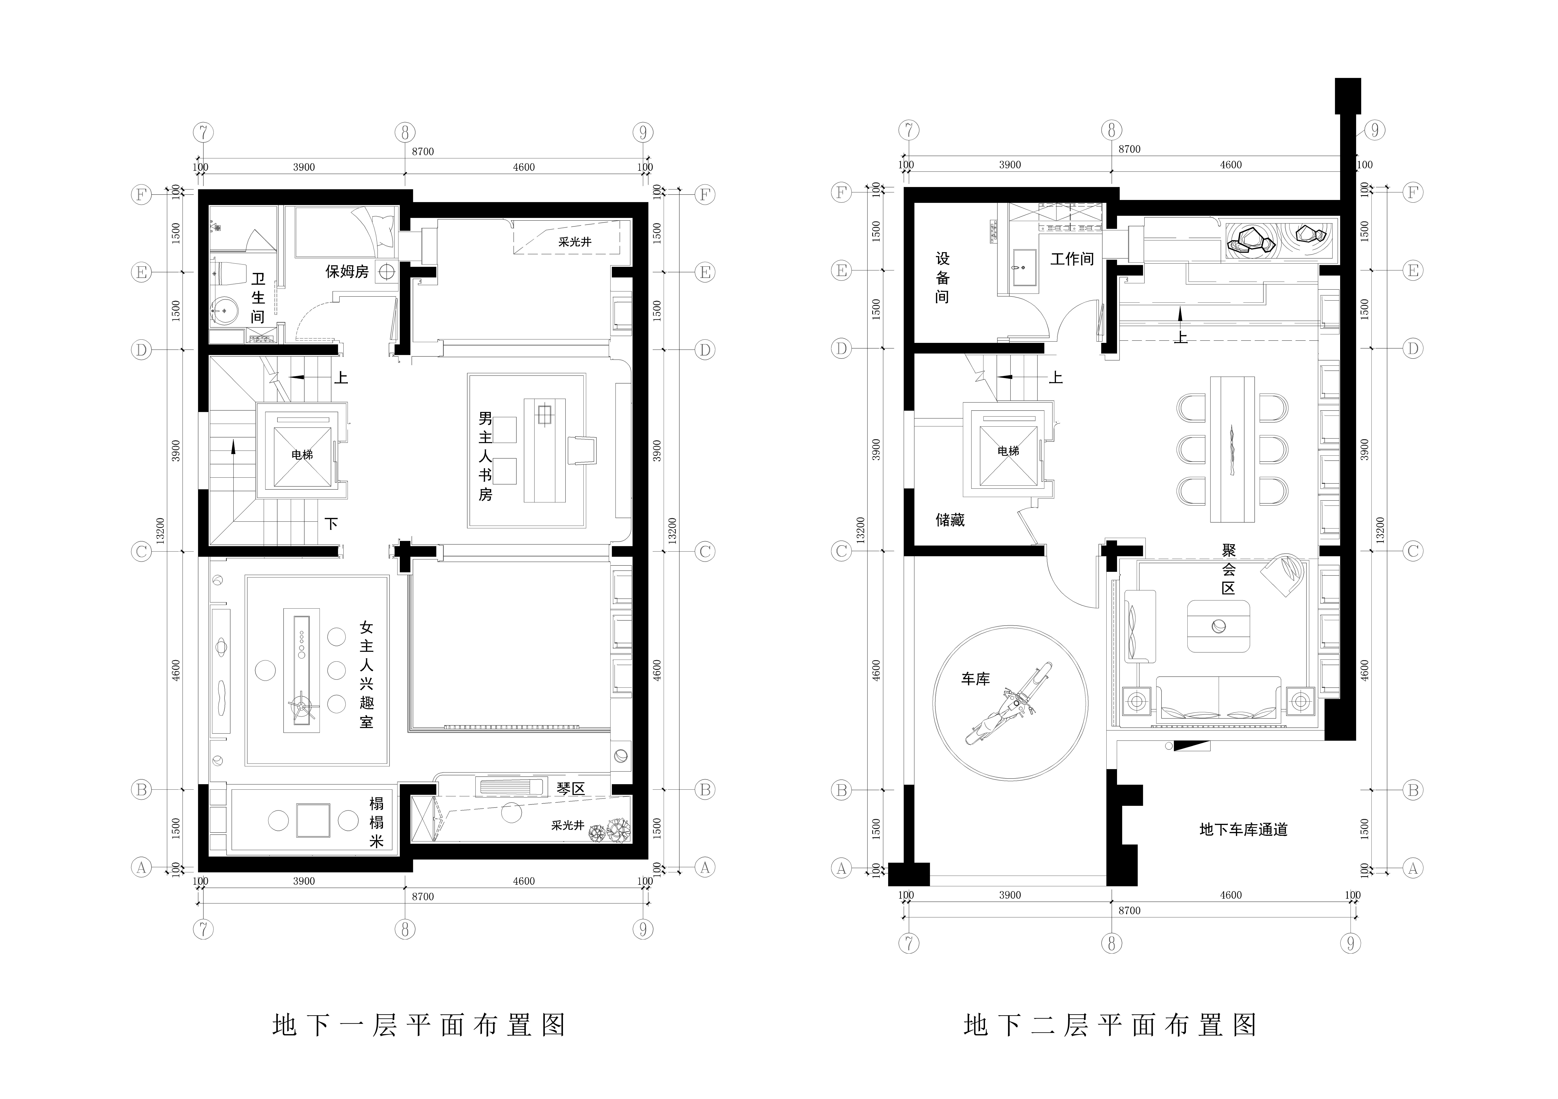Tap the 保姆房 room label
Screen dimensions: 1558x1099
[x=347, y=272]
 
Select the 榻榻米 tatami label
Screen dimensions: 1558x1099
[x=377, y=822]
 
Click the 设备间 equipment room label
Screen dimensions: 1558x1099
[x=942, y=278]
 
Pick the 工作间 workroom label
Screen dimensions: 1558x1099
[x=1072, y=259]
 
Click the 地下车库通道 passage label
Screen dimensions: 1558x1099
[x=1244, y=829]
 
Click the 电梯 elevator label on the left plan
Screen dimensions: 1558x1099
[x=303, y=455]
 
